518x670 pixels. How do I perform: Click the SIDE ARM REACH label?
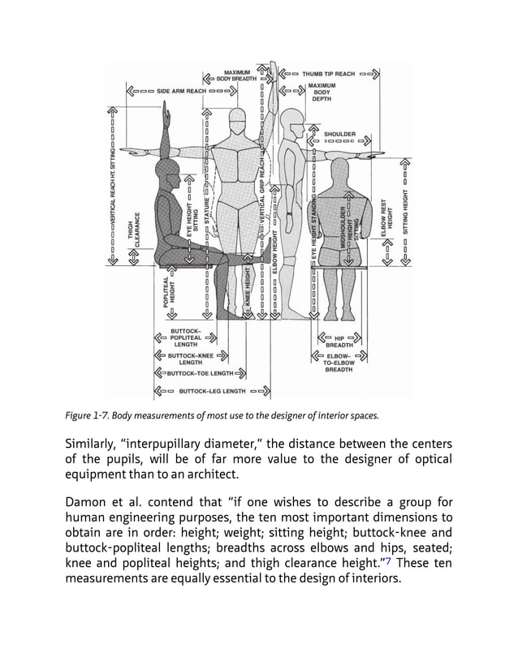point(181,92)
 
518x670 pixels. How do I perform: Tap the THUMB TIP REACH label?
point(330,74)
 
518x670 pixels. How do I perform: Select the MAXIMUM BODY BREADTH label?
point(239,75)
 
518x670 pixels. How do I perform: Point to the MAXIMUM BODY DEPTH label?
point(322,94)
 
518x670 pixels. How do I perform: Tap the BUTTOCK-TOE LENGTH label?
point(200,374)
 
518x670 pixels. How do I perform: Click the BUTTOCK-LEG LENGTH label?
point(212,391)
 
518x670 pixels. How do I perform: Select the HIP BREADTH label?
point(339,341)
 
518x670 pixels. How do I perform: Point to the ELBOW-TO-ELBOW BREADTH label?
point(339,363)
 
